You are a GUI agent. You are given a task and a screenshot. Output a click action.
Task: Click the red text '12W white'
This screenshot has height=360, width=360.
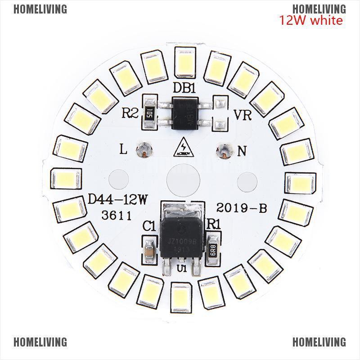click(x=310, y=20)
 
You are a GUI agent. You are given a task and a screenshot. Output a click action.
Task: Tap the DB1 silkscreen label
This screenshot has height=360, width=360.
click(x=185, y=89)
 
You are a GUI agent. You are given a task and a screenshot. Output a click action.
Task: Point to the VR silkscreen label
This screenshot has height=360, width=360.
click(x=242, y=115)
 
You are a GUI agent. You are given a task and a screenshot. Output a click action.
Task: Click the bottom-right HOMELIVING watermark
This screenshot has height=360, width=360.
click(x=319, y=342)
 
